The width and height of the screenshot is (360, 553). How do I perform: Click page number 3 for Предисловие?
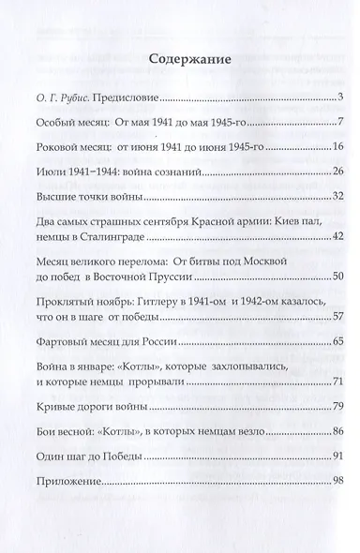pos(344,97)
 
